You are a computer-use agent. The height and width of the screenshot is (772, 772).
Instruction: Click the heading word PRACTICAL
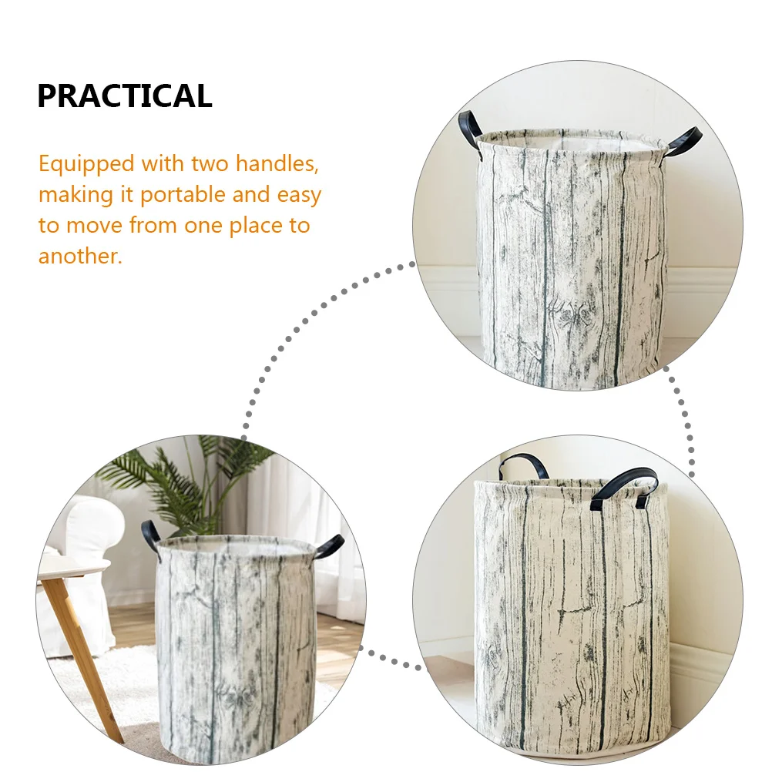125,96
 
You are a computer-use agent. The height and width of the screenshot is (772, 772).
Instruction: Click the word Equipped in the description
86,164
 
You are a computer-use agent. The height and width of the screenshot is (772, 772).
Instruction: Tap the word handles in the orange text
277,163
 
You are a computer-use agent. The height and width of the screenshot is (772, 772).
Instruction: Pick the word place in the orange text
256,226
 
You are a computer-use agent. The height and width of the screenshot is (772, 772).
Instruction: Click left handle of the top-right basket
470,129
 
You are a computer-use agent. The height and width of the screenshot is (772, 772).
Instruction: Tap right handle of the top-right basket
683,141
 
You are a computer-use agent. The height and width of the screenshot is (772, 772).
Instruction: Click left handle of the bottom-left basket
151,535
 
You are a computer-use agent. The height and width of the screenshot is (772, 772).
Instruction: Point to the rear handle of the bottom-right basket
523,465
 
